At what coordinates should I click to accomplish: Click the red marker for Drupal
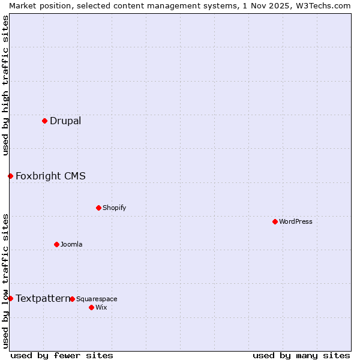[x=44, y=121]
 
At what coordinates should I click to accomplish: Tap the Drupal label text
[x=65, y=121]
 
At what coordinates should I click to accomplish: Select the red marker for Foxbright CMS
[x=10, y=176]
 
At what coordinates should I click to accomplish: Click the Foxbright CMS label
[x=50, y=176]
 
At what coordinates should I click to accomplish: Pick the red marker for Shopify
[x=98, y=208]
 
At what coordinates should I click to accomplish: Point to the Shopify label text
[x=114, y=208]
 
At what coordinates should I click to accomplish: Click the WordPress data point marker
[x=275, y=221]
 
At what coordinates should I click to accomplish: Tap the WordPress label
[x=295, y=221]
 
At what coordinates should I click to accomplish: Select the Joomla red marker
[x=56, y=244]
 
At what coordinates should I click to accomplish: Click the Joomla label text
[x=71, y=244]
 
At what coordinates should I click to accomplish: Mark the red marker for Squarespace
[x=72, y=299]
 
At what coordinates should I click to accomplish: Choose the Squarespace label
[x=97, y=299]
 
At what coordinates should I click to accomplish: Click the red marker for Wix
[x=91, y=307]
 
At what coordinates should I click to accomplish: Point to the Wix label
[x=101, y=307]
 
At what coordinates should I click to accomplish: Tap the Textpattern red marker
[x=10, y=298]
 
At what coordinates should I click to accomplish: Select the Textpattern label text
[x=43, y=298]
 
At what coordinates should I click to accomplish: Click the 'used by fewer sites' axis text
[x=62, y=355]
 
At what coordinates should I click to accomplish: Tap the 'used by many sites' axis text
[x=301, y=355]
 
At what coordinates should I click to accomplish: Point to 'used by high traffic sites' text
[x=5, y=85]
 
